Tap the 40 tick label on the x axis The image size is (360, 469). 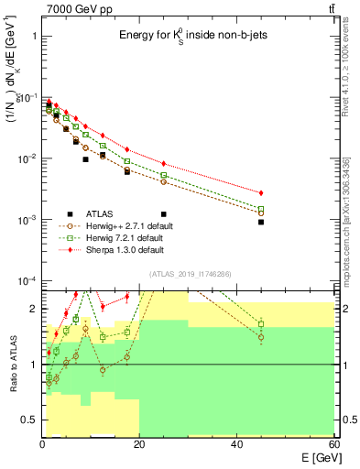(x=237, y=443)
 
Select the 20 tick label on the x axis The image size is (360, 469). (x=140, y=443)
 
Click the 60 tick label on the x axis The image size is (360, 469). (x=333, y=443)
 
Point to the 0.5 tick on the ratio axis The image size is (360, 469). (x=29, y=420)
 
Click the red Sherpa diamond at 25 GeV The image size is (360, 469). (x=164, y=164)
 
